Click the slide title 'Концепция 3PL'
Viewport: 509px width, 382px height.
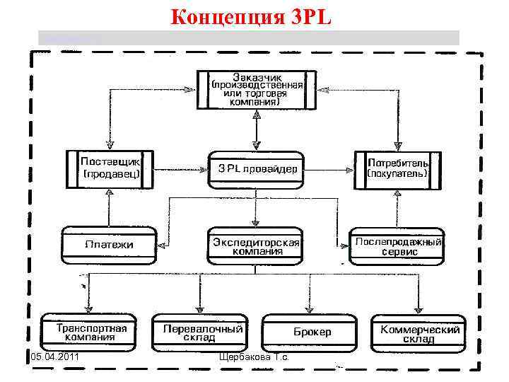click(251, 16)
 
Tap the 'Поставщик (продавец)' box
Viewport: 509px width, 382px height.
click(110, 168)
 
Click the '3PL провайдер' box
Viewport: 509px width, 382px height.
click(256, 169)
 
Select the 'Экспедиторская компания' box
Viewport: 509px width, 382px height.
click(256, 245)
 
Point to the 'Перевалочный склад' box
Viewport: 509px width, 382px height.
click(203, 332)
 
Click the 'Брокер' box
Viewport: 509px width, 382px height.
click(312, 332)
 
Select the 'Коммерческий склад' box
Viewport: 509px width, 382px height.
click(420, 332)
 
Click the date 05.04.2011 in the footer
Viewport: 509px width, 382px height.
click(54, 364)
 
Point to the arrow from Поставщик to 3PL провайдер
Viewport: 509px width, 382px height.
click(181, 169)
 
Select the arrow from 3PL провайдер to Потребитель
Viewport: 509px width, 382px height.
click(328, 169)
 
